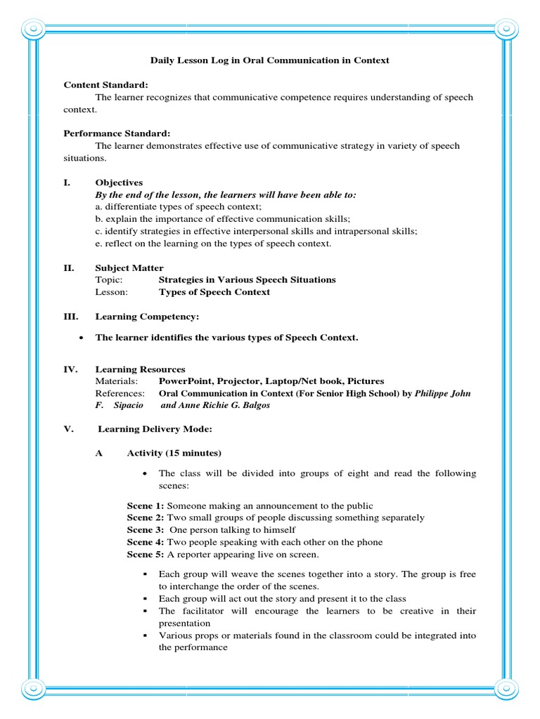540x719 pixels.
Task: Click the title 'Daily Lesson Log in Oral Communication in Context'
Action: (270, 60)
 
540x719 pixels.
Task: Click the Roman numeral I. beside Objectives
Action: (67, 183)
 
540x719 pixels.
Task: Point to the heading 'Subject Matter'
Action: (129, 268)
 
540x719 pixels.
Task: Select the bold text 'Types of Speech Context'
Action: (214, 292)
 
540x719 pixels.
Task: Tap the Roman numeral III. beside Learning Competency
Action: (71, 317)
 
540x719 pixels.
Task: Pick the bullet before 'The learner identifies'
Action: (83, 338)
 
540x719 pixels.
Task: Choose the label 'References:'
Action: (120, 393)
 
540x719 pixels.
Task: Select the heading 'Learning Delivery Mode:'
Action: (155, 428)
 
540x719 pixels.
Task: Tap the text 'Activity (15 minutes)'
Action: (174, 453)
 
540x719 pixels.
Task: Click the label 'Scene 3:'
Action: (146, 530)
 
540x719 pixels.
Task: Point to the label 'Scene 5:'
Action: (146, 554)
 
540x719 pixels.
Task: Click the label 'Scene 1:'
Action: (146, 506)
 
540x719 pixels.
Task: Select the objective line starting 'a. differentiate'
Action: (179, 207)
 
